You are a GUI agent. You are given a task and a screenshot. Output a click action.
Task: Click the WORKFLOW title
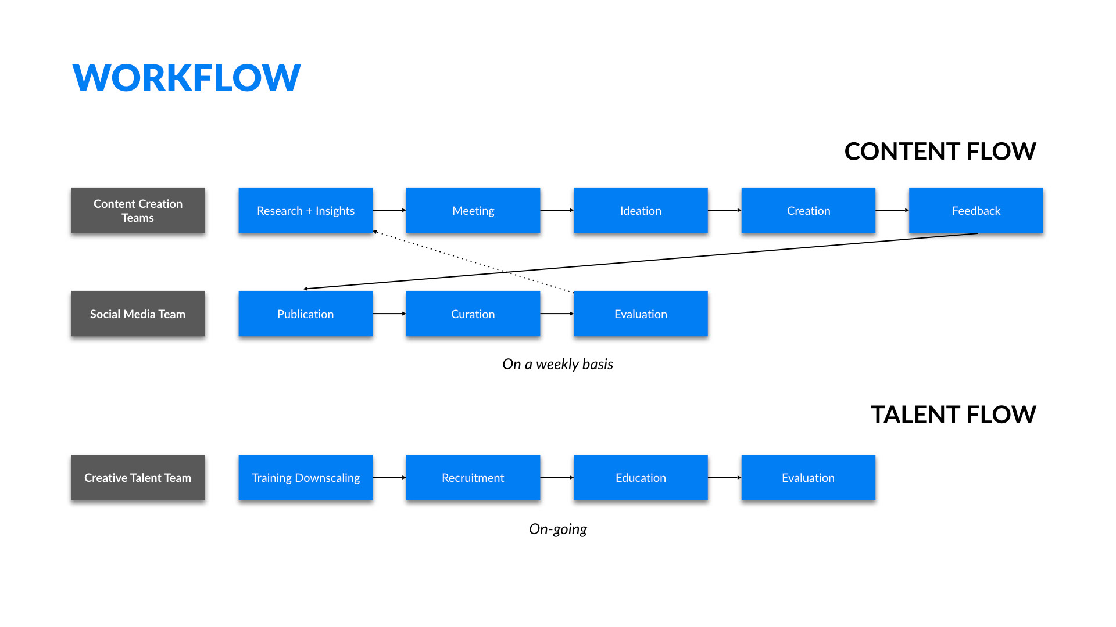pos(187,78)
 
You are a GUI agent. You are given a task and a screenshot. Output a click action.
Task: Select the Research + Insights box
pos(306,210)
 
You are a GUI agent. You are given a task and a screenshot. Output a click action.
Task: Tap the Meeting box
pos(473,210)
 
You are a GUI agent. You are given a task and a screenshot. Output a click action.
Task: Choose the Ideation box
pos(641,210)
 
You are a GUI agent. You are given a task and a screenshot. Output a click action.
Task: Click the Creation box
pos(809,210)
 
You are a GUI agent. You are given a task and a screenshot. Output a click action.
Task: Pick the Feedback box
pos(976,210)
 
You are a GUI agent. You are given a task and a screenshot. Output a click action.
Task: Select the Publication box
pos(306,313)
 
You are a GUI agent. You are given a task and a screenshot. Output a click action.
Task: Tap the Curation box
pos(473,313)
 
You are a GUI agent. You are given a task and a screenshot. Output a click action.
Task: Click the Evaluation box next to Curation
pos(641,313)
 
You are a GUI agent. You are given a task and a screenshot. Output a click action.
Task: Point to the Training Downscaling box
pos(306,477)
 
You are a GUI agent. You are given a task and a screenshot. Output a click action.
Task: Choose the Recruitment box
pos(473,477)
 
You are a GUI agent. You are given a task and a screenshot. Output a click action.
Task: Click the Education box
pos(641,477)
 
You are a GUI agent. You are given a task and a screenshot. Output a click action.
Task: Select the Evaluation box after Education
pos(809,477)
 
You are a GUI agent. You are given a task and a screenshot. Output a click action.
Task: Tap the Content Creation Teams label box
pos(138,210)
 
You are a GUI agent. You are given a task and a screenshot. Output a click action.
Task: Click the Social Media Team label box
pos(138,313)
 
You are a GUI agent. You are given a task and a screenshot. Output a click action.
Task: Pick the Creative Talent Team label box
pos(138,477)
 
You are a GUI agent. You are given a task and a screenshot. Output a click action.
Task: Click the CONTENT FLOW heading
pos(940,152)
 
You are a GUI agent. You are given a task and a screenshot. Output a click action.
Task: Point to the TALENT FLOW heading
pos(953,415)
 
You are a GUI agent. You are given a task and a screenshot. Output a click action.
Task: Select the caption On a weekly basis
pos(558,364)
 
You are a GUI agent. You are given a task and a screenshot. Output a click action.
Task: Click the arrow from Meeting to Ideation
pos(557,210)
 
